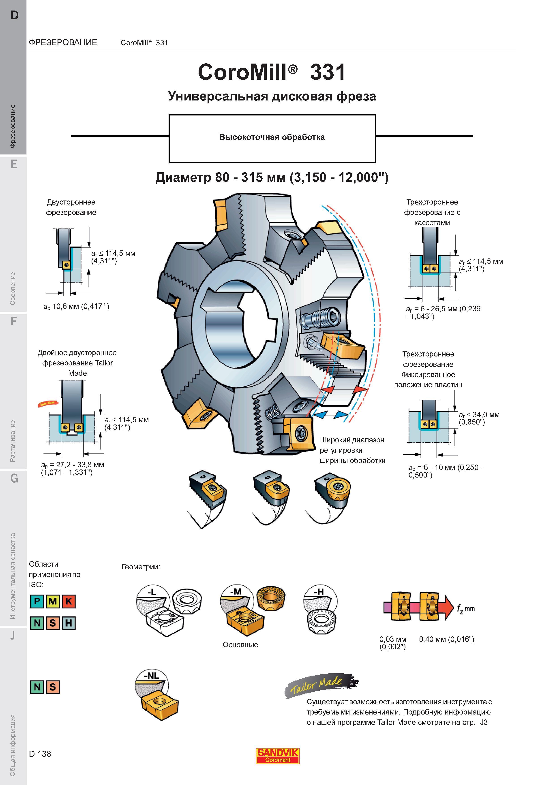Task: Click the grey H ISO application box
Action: click(68, 623)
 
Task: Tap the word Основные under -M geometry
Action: click(240, 644)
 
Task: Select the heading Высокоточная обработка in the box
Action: click(272, 137)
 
